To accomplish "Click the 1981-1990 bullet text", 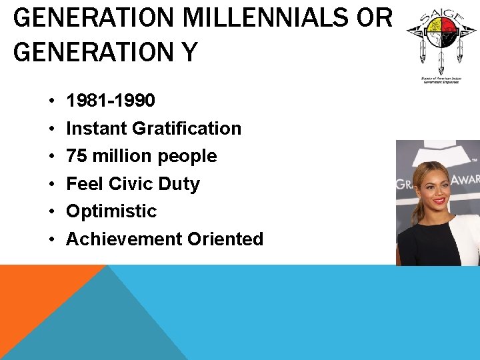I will [x=111, y=101].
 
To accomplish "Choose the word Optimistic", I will [x=111, y=211].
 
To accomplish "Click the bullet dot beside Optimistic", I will [x=51, y=212].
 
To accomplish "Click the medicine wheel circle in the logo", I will [x=439, y=30].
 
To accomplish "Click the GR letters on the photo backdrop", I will [x=405, y=185].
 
